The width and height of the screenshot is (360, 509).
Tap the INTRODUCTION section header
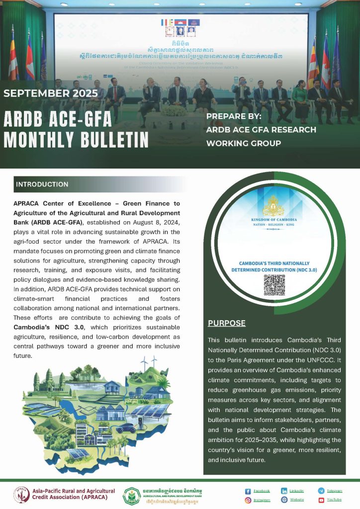[x=42, y=184]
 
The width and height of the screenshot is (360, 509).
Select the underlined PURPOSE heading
[x=226, y=323]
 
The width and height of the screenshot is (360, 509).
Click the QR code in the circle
[x=274, y=284]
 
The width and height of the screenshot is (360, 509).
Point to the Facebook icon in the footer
[x=248, y=491]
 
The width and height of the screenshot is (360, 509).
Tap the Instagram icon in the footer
[x=248, y=500]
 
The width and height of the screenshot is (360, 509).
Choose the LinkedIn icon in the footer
[x=284, y=491]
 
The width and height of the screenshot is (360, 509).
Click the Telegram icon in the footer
[x=321, y=491]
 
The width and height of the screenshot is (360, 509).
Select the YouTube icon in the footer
[x=321, y=500]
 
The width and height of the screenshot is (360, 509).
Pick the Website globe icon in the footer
[x=284, y=500]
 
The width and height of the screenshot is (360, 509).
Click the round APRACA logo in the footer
[x=21, y=495]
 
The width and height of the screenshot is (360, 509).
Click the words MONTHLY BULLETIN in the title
[x=76, y=140]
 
